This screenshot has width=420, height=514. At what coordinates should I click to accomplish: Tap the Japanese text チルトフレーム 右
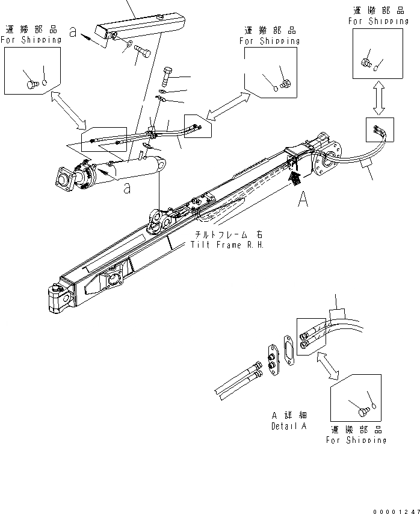[227, 234]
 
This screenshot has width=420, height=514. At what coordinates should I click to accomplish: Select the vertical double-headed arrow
[378, 98]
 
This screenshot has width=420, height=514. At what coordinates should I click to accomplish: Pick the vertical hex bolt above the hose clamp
[167, 76]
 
